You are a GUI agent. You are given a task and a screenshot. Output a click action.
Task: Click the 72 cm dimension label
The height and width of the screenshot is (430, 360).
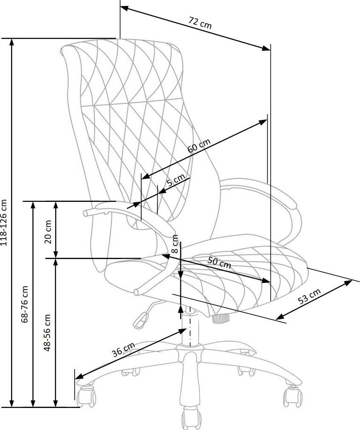coord(200,22)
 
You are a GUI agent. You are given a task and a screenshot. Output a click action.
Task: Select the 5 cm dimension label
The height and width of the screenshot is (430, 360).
coord(176,181)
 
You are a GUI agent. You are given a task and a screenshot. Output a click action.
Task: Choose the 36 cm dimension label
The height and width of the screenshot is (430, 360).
coord(123,350)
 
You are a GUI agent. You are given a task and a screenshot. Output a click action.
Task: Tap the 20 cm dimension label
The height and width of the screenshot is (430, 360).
coord(47,232)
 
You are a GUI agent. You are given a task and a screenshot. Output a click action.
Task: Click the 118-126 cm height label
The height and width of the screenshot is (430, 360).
coord(4,223)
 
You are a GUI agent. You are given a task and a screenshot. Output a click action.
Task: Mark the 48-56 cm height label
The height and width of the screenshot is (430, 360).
coord(47,332)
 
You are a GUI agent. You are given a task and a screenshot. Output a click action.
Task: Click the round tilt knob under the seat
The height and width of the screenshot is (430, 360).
coord(220,317)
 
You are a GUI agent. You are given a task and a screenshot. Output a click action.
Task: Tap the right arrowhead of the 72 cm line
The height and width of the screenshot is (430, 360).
coord(267,47)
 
